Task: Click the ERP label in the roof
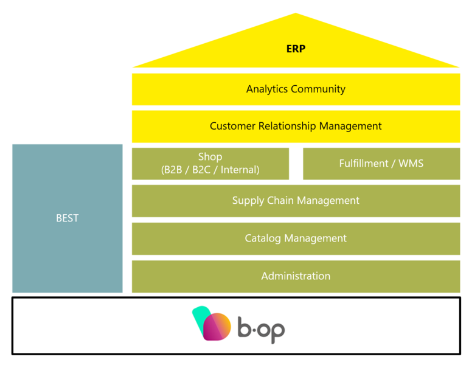[296, 49]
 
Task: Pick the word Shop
[210, 157]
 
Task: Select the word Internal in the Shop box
[238, 170]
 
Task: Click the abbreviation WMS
[411, 164]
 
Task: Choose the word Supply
[247, 201]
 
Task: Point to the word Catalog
[262, 238]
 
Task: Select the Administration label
[296, 276]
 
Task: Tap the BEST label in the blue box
[67, 218]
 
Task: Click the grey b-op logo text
[261, 328]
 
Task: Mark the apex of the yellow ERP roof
[296, 14]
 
